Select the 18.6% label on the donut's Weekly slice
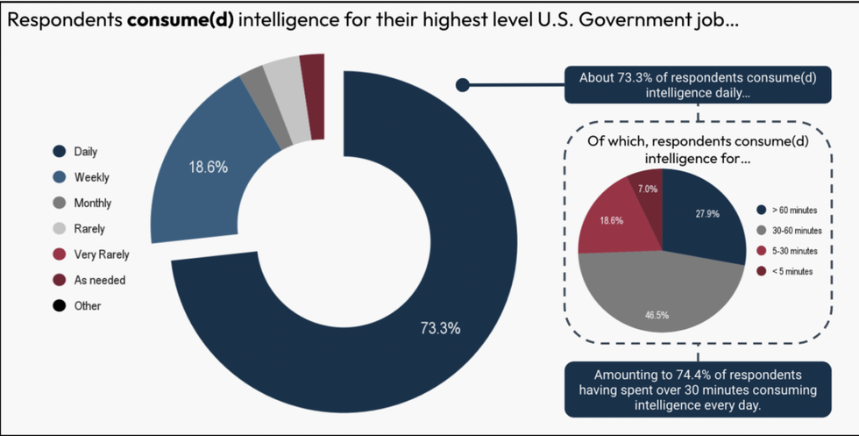coord(209,166)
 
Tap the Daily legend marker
coord(60,152)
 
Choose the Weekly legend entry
coord(91,177)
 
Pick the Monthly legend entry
coord(92,203)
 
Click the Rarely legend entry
coord(89,229)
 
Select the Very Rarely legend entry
coord(101,254)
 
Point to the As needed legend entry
coord(99,280)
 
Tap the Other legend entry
coord(87,306)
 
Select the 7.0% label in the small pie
coord(647,189)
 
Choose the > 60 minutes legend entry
coord(794,211)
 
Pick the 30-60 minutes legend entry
coord(796,231)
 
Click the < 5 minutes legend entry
coord(792,271)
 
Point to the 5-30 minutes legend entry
coord(794,251)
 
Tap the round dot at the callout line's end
coord(463,85)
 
